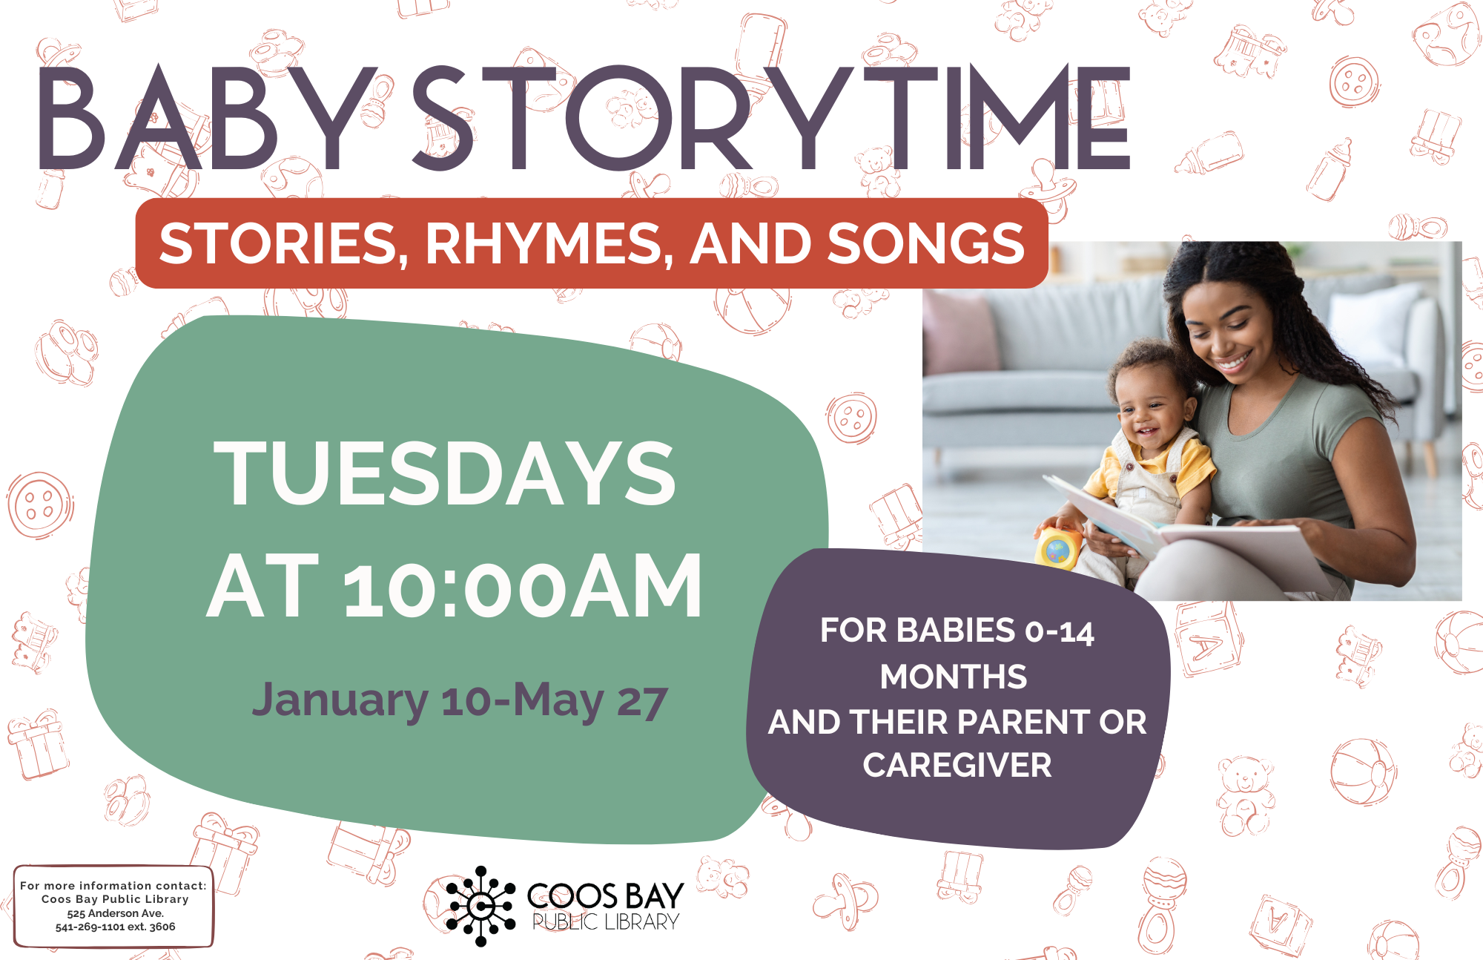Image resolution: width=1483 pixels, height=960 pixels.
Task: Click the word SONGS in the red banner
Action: [x=926, y=243]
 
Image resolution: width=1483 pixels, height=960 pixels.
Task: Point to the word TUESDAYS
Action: [x=445, y=473]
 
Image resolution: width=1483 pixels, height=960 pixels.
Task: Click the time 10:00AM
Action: [x=523, y=586]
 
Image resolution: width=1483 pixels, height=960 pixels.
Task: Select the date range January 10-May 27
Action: [x=460, y=700]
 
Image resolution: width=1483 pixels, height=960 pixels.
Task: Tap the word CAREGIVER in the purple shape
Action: [x=957, y=766]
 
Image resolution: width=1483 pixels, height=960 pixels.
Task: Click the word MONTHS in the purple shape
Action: [x=954, y=677]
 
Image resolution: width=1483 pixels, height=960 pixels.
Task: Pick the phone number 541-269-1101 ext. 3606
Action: [x=115, y=927]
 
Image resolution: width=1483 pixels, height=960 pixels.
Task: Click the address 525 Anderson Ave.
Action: [x=115, y=913]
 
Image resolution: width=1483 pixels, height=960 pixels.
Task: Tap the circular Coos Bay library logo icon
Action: [x=480, y=906]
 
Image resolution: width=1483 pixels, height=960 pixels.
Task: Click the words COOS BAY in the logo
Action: [x=605, y=896]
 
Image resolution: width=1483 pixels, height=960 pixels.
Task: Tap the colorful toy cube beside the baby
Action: [x=1057, y=549]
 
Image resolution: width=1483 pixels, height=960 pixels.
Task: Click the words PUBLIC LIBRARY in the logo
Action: [x=606, y=922]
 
